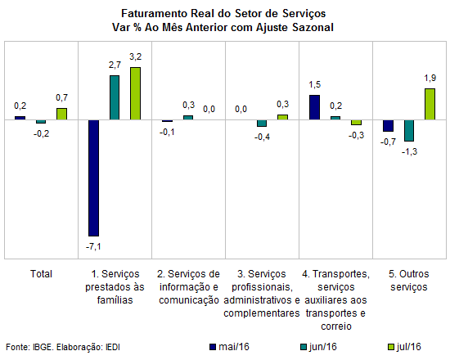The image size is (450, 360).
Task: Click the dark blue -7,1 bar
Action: click(94, 178)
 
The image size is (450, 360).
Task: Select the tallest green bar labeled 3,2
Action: click(135, 93)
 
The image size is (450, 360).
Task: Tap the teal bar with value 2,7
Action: click(115, 97)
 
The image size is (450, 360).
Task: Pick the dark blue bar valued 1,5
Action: click(314, 107)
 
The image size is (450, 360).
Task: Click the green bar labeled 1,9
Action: click(430, 104)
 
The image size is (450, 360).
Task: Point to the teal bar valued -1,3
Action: click(409, 131)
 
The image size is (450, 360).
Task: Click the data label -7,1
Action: click(93, 246)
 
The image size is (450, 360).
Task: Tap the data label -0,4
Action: click(262, 137)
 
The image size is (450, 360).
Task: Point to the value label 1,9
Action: click(430, 78)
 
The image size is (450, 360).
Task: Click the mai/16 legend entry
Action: click(230, 347)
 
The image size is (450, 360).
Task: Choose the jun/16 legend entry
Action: click(318, 347)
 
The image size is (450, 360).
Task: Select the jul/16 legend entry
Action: click(404, 347)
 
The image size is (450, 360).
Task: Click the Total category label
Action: click(42, 274)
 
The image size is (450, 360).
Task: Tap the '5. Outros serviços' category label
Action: click(409, 281)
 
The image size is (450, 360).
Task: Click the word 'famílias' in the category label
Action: click(115, 300)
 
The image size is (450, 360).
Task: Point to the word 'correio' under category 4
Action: click(336, 326)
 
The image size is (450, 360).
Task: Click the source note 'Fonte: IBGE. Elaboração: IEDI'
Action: click(63, 347)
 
